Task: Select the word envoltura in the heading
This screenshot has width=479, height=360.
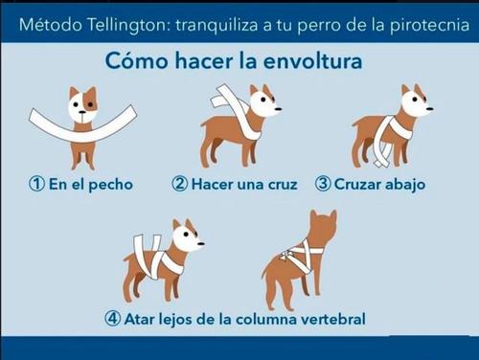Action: coord(316,62)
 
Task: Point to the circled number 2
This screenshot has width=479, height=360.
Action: coord(178,184)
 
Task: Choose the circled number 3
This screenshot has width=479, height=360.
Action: coord(323,184)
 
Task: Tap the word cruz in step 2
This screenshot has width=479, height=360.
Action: coord(280,184)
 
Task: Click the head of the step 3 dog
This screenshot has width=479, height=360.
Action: coord(414,102)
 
